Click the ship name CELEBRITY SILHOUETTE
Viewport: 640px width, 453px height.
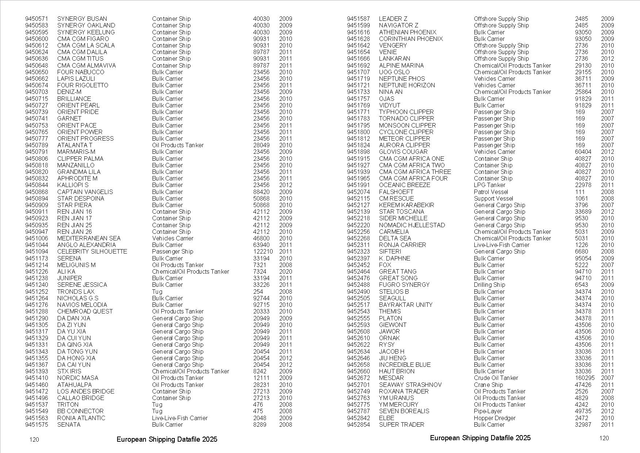tap(92, 251)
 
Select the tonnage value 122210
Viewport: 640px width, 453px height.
tap(263, 251)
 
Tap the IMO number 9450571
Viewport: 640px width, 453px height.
tap(36, 19)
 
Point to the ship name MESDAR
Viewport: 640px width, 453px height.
tap(391, 378)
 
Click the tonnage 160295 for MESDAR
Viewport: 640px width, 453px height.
tap(585, 378)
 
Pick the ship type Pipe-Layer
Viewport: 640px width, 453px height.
tap(488, 411)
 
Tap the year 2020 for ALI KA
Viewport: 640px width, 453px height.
tap(285, 271)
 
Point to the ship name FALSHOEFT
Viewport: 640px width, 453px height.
tap(396, 192)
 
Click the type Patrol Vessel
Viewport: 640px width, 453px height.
tap(491, 192)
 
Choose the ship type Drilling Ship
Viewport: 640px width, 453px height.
tap(489, 285)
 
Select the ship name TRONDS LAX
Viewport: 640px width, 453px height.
tap(76, 292)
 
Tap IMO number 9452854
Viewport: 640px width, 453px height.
tap(358, 425)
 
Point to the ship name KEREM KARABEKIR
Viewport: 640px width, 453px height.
tap(406, 205)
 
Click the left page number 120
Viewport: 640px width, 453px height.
tap(34, 439)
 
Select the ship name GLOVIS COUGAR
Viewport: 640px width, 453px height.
tap(403, 152)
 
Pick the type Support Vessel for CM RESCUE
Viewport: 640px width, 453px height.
tap(493, 198)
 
